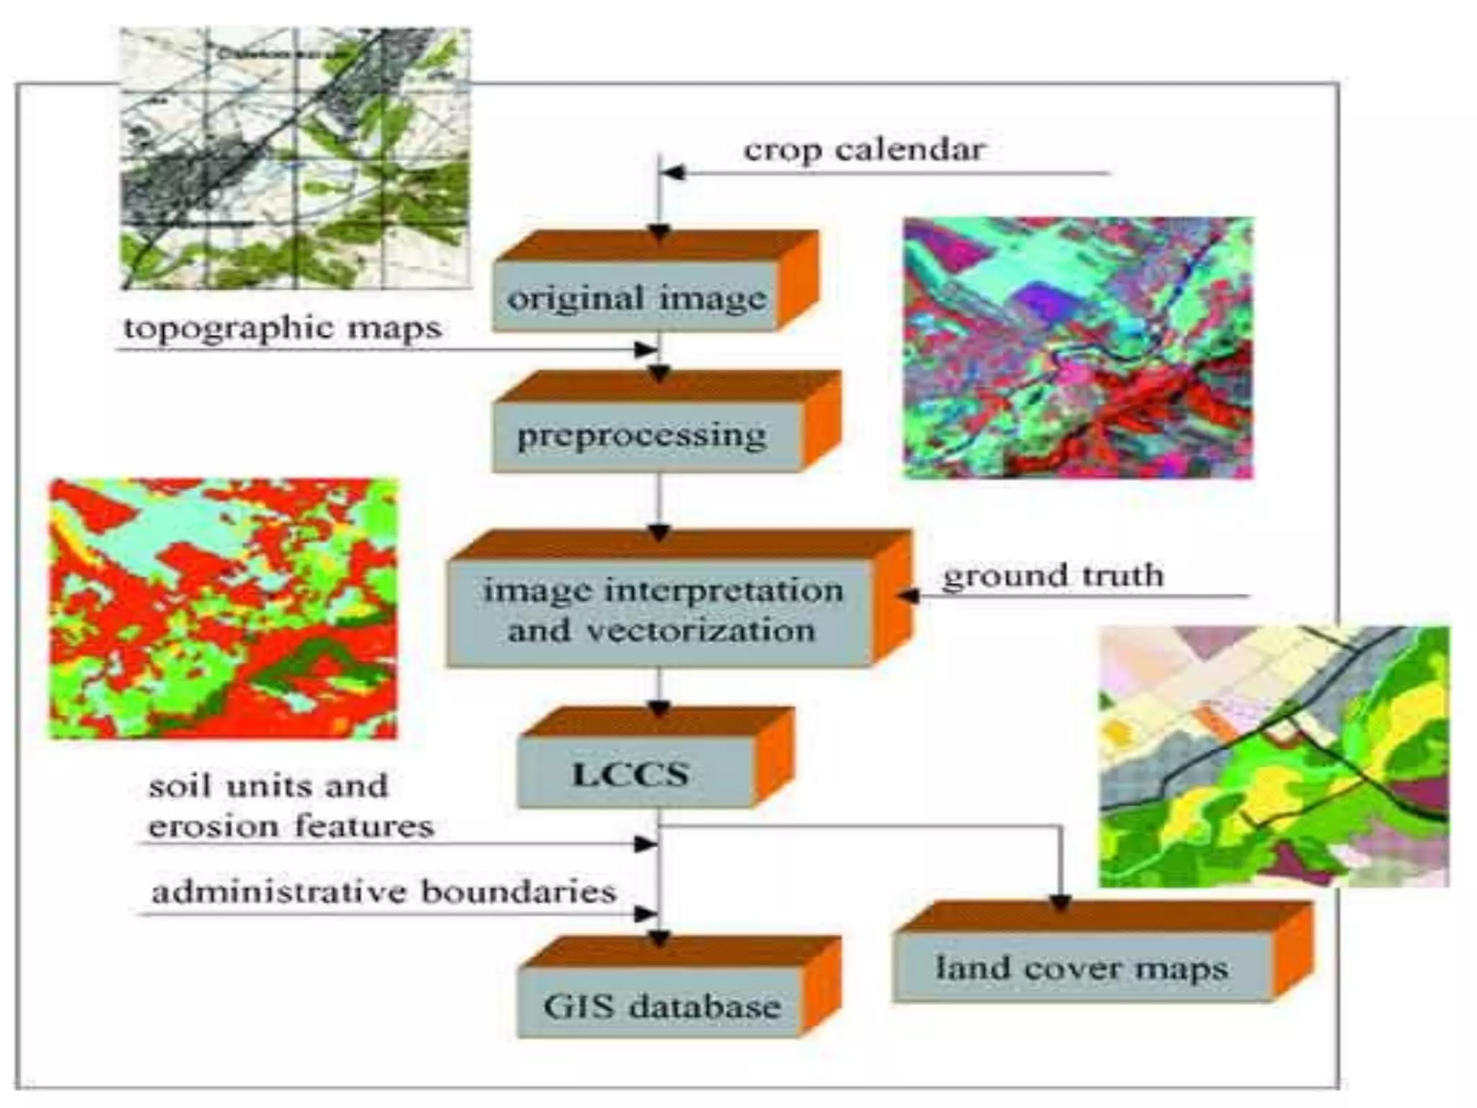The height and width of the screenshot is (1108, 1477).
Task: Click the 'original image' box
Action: [x=636, y=297]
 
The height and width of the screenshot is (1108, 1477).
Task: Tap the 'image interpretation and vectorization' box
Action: [x=661, y=612]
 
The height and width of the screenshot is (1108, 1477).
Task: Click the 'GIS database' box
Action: [x=661, y=1006]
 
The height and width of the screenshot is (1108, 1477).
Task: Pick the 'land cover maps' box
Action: [x=1081, y=967]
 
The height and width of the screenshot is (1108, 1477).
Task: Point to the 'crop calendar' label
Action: [x=863, y=150]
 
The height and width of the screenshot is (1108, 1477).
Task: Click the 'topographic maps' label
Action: [x=282, y=328]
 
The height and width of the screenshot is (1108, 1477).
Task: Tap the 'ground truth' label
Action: [x=1053, y=576]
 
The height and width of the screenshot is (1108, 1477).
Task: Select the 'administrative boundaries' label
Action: [x=384, y=892]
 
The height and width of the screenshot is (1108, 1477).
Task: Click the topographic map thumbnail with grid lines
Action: [x=295, y=159]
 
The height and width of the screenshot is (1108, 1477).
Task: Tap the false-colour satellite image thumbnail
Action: [x=1078, y=348]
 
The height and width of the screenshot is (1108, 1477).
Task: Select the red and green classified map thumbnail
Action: [x=223, y=608]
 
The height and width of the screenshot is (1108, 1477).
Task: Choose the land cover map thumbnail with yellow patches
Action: [x=1273, y=756]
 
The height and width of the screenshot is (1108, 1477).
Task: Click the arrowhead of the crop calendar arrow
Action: [x=672, y=172]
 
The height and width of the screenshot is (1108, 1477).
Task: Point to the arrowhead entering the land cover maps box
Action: [x=1060, y=902]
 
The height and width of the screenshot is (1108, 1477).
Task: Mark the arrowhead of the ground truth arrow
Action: [x=908, y=596]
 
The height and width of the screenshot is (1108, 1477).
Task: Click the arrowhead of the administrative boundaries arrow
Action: [x=646, y=914]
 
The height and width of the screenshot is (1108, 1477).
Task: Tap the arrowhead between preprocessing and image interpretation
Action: [x=659, y=533]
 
